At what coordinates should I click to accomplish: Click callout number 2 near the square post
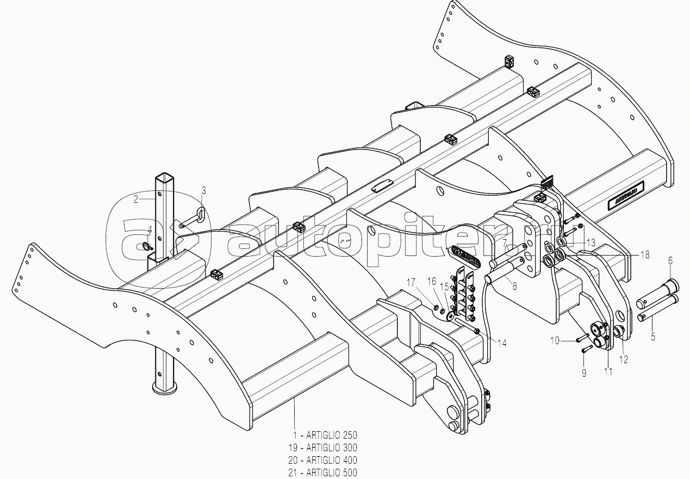tap(136, 199)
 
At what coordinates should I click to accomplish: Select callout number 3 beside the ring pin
tap(203, 190)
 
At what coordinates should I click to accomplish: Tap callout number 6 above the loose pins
tap(670, 260)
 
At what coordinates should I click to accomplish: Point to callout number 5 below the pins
tap(653, 337)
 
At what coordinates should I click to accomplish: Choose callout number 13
tap(590, 242)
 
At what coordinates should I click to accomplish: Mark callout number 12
tap(623, 359)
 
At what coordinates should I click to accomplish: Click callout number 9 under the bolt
tap(584, 373)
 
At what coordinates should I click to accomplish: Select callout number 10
tap(554, 340)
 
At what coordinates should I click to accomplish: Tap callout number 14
tap(501, 343)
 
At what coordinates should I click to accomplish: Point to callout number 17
tap(411, 282)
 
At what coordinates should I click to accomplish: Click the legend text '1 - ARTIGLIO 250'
tap(325, 436)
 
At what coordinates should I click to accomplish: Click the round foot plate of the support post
tap(165, 388)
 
